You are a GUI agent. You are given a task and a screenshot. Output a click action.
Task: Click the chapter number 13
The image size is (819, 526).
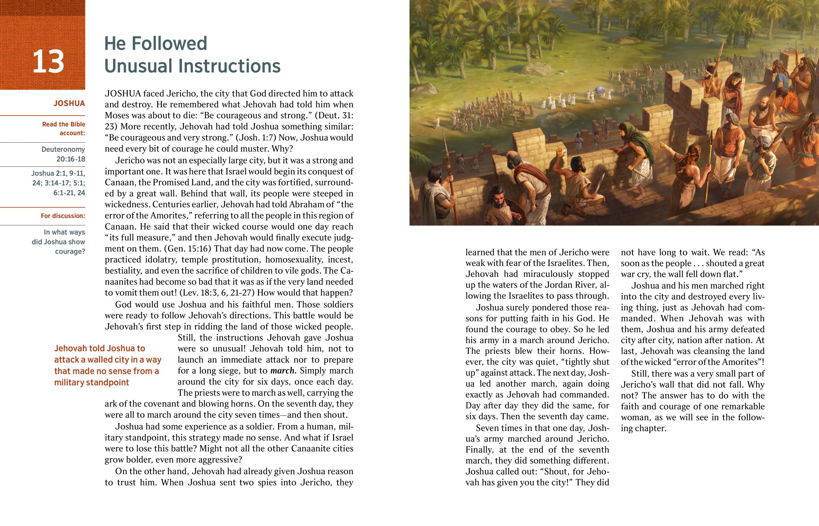(48, 62)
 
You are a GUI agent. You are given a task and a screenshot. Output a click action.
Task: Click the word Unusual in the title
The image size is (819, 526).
(142, 66)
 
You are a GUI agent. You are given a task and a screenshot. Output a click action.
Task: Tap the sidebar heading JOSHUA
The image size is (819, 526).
(69, 104)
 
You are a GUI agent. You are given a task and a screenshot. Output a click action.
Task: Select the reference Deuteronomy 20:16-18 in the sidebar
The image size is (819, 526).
(63, 154)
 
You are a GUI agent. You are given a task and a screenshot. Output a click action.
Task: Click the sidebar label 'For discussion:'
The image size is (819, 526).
(63, 216)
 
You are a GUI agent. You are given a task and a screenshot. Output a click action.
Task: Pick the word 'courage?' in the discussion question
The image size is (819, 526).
(70, 252)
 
